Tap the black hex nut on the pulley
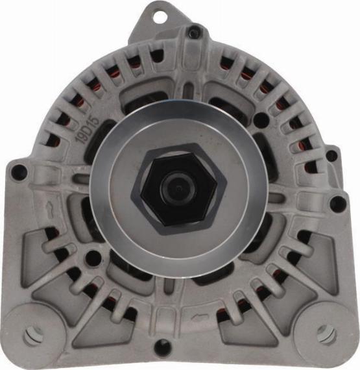coord(179,189)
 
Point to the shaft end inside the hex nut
coord(179,188)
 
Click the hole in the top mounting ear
coord(160,16)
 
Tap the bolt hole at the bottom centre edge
coord(162,347)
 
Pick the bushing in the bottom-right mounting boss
coord(326,334)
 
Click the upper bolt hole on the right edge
coord(331,156)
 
